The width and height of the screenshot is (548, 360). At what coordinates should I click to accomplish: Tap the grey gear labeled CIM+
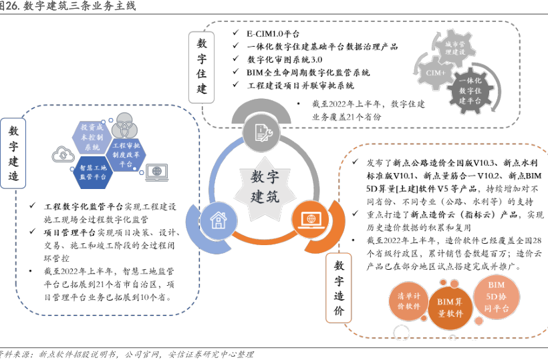point(436,71)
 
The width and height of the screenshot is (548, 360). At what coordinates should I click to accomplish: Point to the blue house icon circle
point(219,219)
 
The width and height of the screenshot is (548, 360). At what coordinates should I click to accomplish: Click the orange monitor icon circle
point(309,218)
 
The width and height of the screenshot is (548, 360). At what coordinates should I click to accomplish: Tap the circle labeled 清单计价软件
point(408,301)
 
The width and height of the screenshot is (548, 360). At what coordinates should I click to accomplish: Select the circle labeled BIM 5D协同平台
point(496,298)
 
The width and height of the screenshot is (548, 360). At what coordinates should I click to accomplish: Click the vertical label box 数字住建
point(202,66)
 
